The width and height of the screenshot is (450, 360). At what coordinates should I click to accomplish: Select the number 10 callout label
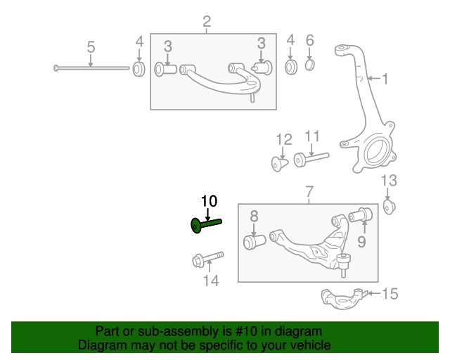tap(209, 201)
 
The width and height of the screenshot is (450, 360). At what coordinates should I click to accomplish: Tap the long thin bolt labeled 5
tap(91, 68)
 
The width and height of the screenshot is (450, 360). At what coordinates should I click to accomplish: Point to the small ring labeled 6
tap(310, 67)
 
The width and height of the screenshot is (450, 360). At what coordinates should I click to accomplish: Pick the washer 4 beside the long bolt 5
tap(139, 69)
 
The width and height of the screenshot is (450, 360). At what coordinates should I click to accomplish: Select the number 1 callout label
tap(385, 79)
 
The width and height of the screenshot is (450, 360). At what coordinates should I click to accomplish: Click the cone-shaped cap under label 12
tap(280, 164)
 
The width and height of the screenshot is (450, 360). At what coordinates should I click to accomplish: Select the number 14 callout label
tap(211, 281)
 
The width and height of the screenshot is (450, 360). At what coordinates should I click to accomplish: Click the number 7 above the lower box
tap(308, 191)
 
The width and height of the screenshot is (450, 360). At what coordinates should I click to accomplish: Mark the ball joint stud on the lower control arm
tap(344, 263)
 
